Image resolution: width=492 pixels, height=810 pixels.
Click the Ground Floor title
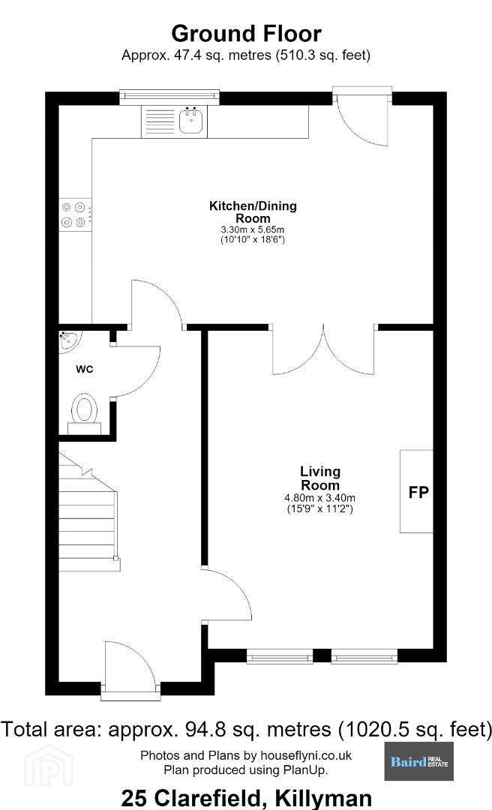point(246,34)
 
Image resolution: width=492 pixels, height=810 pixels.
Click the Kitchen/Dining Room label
point(253,211)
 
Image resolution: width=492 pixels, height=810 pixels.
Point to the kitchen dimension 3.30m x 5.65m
point(253,229)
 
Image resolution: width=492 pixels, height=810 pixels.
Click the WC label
point(85,369)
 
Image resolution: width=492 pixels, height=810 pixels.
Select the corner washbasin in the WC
point(68,342)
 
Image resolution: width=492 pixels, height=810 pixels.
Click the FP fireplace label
point(418,492)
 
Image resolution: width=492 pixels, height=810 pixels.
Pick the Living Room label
point(320,478)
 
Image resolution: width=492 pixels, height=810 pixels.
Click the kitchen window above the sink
point(169,97)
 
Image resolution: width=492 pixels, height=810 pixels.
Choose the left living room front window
point(280,656)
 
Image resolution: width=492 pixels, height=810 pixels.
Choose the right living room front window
point(364,656)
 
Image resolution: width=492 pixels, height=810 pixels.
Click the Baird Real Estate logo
point(419,761)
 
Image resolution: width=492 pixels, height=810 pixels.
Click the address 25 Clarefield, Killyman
point(246,798)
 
